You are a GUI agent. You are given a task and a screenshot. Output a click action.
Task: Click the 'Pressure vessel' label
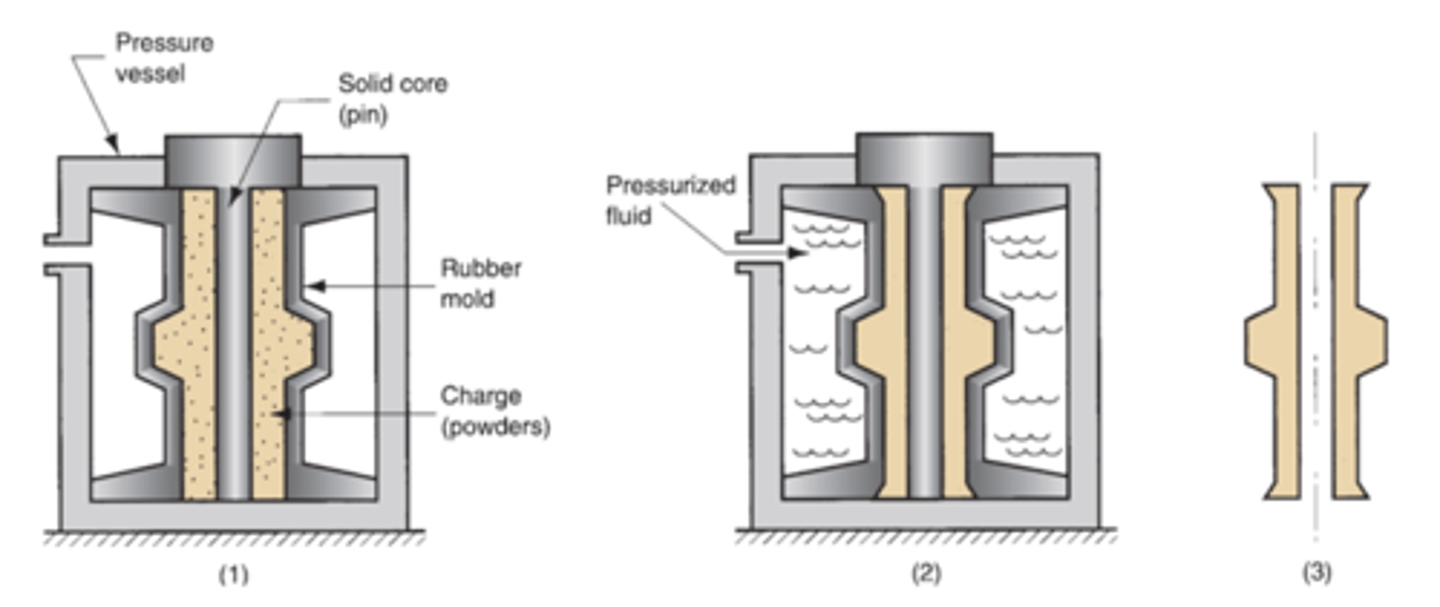point(165,58)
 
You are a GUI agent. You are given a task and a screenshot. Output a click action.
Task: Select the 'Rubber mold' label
point(482,283)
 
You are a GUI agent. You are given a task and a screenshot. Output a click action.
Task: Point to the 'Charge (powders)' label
point(496,411)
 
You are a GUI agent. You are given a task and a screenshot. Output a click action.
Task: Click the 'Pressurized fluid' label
point(671,200)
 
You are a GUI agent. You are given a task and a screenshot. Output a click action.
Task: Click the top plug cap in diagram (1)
point(232,159)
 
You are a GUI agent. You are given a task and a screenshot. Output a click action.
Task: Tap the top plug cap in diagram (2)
point(924,158)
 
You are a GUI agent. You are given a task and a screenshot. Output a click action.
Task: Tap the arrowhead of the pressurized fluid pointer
point(797,254)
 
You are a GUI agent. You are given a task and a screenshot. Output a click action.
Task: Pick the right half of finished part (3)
point(1354,340)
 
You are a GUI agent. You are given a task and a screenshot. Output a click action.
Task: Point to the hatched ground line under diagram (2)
point(924,537)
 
